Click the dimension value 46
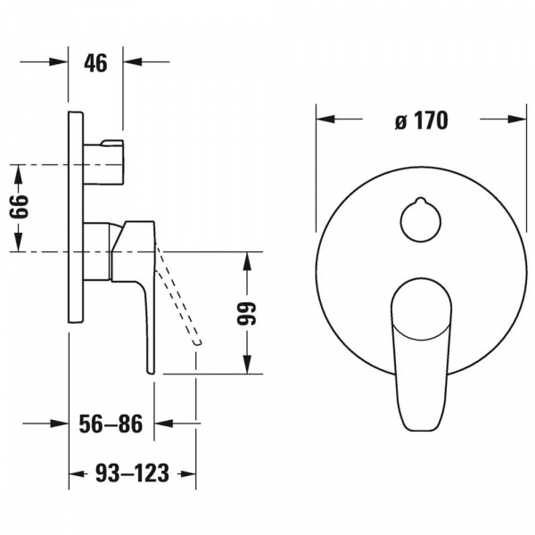pyautogui.click(x=95, y=63)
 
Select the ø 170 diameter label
pyautogui.click(x=422, y=120)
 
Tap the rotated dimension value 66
pyautogui.click(x=19, y=207)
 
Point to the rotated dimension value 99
pyautogui.click(x=246, y=313)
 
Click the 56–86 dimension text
pyautogui.click(x=111, y=424)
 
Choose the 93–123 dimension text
pyautogui.click(x=132, y=473)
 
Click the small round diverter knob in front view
pyautogui.click(x=420, y=219)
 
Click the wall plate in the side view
pyautogui.click(x=76, y=217)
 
